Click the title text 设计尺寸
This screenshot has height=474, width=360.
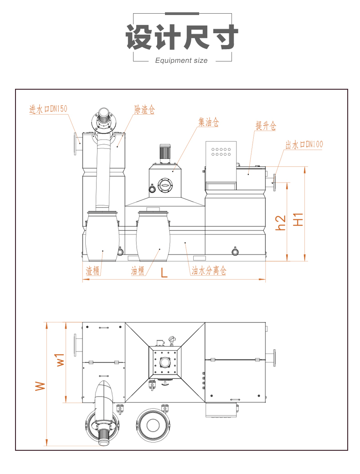(182, 37)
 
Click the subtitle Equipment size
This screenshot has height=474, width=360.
(181, 61)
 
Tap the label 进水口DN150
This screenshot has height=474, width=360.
(48, 109)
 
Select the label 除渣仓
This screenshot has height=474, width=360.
(144, 110)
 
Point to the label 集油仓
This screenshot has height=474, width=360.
(209, 122)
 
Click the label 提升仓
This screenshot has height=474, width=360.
(265, 127)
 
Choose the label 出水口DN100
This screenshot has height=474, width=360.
(304, 145)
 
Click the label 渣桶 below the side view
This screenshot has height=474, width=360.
(93, 271)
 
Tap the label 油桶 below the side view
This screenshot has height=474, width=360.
(138, 271)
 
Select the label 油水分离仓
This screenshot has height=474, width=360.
(209, 271)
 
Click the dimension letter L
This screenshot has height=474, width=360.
(164, 273)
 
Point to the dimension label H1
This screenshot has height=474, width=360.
(298, 219)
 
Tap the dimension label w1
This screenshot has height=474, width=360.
(60, 360)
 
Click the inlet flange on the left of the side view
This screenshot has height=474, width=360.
(75, 144)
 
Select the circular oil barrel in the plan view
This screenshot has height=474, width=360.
(153, 425)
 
